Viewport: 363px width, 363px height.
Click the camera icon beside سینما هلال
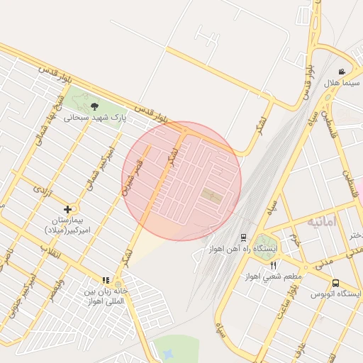pyautogui.click(x=342, y=72)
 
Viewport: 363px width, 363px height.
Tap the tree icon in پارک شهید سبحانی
pyautogui.click(x=95, y=106)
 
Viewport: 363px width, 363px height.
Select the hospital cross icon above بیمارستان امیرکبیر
pyautogui.click(x=67, y=209)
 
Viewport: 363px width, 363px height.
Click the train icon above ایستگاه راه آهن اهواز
pyautogui.click(x=243, y=238)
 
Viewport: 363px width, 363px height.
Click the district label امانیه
pyautogui.click(x=324, y=222)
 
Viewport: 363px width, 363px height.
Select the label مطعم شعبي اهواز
pyautogui.click(x=274, y=277)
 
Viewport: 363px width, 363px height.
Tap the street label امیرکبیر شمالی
pyautogui.click(x=93, y=174)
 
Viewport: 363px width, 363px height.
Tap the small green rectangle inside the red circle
pyautogui.click(x=212, y=194)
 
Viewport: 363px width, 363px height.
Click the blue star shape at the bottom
pyautogui.click(x=167, y=353)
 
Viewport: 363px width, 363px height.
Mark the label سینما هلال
pyautogui.click(x=342, y=83)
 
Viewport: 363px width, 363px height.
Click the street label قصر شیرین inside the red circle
pyautogui.click(x=135, y=177)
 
